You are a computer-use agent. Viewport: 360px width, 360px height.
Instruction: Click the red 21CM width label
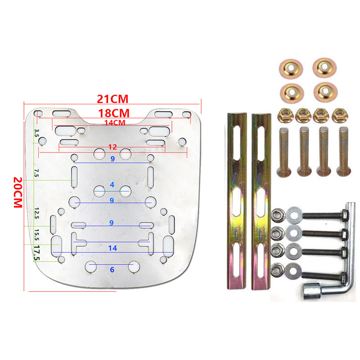112,99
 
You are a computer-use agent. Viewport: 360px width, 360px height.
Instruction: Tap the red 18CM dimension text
114,113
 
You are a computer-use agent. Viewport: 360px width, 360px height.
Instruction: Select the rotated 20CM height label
18,193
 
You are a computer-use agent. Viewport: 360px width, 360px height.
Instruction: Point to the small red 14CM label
115,123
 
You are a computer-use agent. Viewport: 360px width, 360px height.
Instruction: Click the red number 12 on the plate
112,147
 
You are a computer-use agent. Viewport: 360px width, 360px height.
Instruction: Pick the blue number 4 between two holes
112,184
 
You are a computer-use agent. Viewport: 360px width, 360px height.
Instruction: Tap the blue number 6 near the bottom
112,270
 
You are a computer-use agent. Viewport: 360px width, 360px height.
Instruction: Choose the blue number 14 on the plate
112,248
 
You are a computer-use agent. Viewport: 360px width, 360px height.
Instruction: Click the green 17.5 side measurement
37,253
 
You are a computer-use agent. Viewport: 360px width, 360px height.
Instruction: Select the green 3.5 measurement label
36,133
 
